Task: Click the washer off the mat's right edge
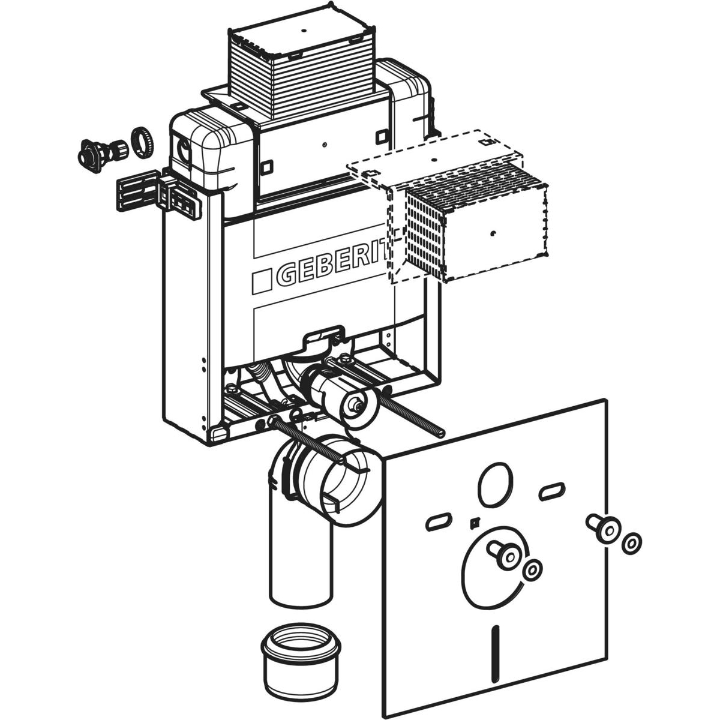(630, 544)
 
